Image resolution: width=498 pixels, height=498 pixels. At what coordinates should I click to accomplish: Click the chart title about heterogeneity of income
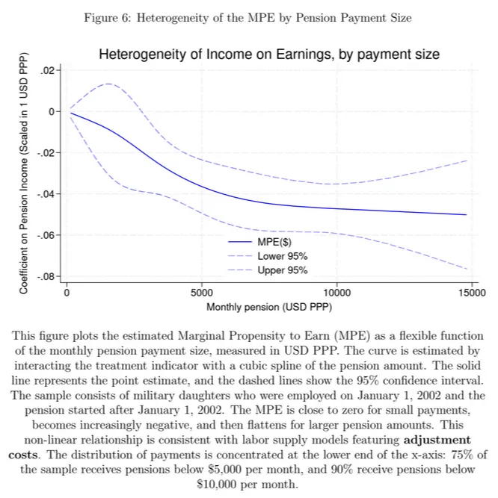click(269, 54)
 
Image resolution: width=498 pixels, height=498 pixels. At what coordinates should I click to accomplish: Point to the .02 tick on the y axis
click(49, 70)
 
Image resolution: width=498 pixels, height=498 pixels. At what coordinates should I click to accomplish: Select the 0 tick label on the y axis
click(52, 111)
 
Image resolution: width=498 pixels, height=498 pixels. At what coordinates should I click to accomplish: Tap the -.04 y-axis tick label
click(46, 194)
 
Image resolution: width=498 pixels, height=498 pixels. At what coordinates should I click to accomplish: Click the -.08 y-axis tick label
click(46, 277)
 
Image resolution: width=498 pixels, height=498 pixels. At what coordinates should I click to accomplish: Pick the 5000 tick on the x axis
click(202, 293)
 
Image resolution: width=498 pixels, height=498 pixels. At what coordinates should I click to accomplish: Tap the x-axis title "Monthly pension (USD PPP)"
click(269, 307)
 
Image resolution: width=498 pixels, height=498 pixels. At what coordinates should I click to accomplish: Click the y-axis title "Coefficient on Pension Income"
click(24, 173)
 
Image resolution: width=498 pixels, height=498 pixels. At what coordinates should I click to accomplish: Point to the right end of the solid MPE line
click(467, 214)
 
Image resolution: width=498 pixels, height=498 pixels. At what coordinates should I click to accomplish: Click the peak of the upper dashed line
click(109, 84)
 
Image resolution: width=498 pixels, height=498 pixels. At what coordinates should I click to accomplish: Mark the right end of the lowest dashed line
click(467, 269)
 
